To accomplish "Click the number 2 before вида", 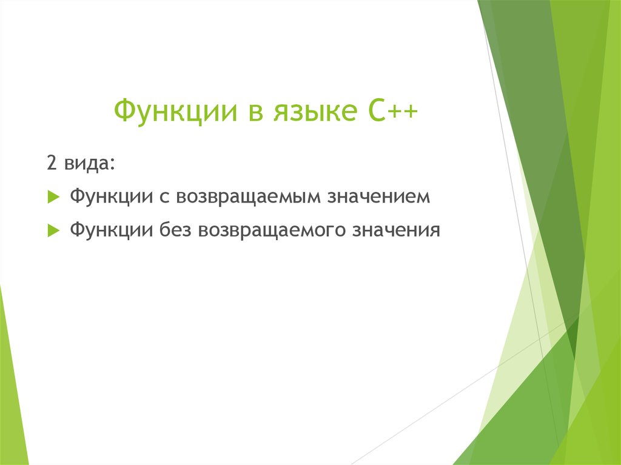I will point(51,164).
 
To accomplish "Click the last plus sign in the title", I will point(409,113).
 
